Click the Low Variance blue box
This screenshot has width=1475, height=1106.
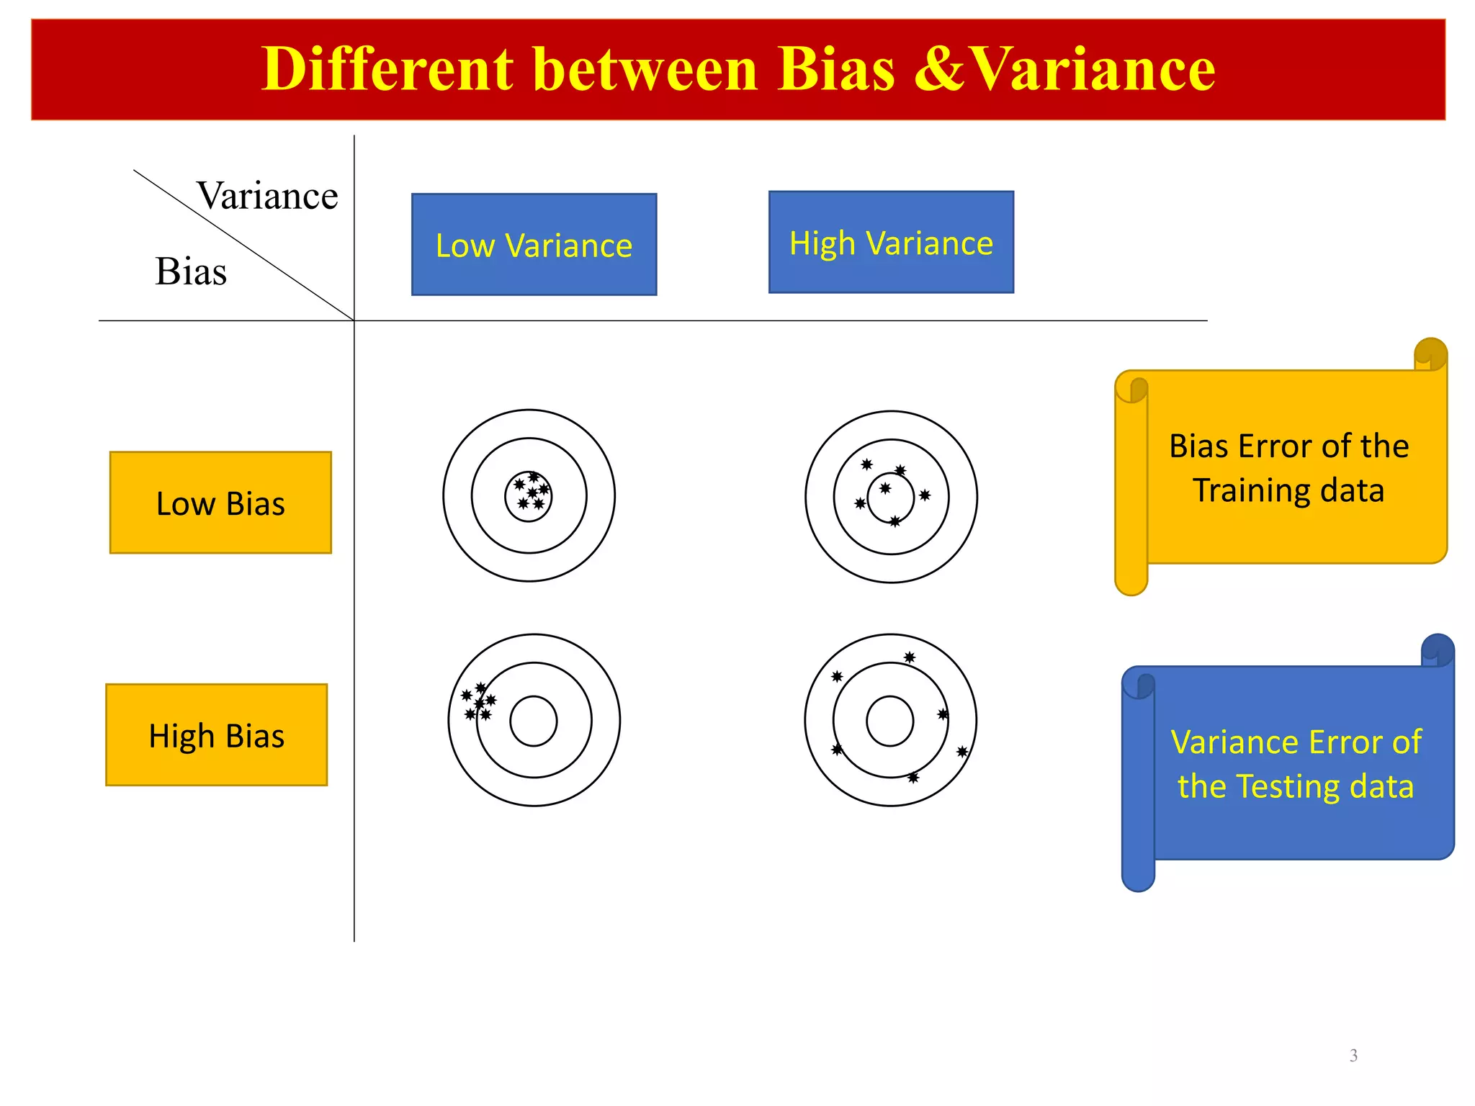click(x=534, y=244)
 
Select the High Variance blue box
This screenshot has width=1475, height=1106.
click(x=891, y=242)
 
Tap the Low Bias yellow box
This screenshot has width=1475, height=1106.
click(x=220, y=503)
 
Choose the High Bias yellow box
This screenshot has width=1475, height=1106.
click(x=216, y=734)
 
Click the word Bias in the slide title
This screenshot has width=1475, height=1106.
click(x=836, y=70)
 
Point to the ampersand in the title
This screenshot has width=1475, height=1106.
click(x=940, y=70)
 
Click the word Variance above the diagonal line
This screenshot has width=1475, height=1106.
click(x=267, y=196)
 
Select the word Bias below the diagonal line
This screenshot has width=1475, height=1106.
click(x=191, y=271)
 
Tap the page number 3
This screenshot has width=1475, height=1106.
click(x=1353, y=1056)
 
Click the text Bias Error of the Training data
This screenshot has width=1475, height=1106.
click(x=1288, y=468)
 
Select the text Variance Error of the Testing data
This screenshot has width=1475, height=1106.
click(x=1296, y=764)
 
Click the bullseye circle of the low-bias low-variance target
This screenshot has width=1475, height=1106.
click(x=529, y=496)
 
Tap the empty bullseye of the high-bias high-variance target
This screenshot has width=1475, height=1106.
click(x=889, y=721)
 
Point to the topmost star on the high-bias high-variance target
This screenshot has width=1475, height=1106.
click(x=910, y=657)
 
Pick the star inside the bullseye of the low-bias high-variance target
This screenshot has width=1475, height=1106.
click(x=885, y=488)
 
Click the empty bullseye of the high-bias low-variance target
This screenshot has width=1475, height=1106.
click(x=534, y=721)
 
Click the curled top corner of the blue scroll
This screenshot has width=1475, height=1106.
click(x=1438, y=650)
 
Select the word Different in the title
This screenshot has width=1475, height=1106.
click(x=387, y=70)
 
